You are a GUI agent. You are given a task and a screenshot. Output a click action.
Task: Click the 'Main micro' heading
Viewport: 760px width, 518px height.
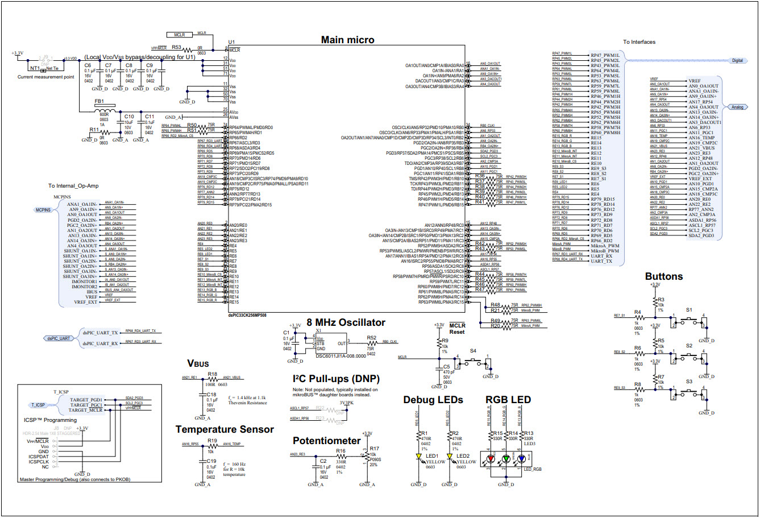point(347,40)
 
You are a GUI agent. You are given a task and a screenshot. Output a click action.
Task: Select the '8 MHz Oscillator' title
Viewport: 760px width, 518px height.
point(346,322)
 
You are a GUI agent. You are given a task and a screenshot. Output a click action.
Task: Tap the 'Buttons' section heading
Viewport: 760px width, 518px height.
point(663,276)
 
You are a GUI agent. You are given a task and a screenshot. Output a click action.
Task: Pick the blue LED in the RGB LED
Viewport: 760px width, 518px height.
point(521,458)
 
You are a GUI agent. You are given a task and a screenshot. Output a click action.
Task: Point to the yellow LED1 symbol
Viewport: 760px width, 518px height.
point(418,456)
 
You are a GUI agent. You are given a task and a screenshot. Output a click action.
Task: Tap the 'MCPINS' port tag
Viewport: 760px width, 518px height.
point(43,210)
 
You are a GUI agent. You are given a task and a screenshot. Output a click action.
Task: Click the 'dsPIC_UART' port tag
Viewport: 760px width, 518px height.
point(59,338)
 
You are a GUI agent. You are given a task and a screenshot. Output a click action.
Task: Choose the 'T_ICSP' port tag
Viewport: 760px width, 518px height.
point(38,405)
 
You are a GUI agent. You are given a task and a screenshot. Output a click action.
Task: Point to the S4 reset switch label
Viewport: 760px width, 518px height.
point(473,351)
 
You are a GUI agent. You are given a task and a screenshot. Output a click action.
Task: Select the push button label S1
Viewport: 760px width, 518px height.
point(689,310)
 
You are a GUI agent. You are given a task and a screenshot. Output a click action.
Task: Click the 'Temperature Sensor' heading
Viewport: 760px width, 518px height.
point(225,429)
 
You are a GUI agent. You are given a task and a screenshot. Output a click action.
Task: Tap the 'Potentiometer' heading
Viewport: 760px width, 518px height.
point(326,441)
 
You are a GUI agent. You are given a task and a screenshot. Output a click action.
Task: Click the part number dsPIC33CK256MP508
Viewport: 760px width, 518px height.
point(247,315)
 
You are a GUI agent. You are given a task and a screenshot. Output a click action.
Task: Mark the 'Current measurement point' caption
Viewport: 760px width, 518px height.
point(45,77)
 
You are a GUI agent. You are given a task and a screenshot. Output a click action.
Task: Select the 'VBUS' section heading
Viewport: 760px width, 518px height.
point(198,363)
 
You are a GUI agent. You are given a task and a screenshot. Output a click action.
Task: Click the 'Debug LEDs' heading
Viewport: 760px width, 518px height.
point(433,400)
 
